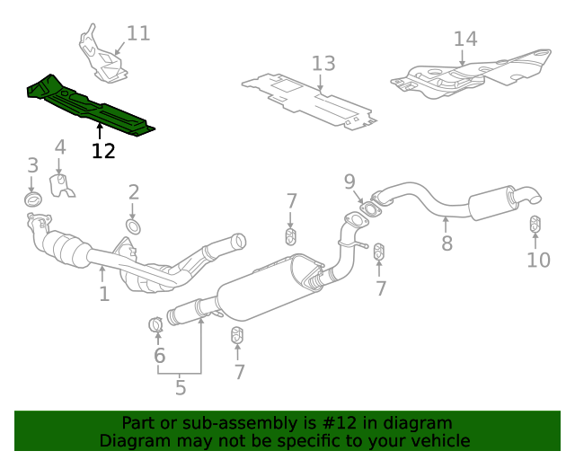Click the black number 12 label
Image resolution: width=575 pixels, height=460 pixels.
coord(103,151)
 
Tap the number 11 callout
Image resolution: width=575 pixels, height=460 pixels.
coord(138,34)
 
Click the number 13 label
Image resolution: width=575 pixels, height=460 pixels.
coord(323,64)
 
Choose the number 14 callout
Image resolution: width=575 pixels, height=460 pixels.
coord(465,39)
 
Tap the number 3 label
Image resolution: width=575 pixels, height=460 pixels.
coord(32,165)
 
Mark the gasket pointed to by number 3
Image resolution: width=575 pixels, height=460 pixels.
coord(32,199)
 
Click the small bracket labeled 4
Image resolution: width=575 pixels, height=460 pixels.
coord(61,187)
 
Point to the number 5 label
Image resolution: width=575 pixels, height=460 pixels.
coord(181,388)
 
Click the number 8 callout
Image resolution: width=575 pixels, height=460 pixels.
coord(447,243)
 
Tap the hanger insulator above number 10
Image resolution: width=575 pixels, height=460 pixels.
coord(535,224)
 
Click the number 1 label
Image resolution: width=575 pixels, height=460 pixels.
coord(104,294)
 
